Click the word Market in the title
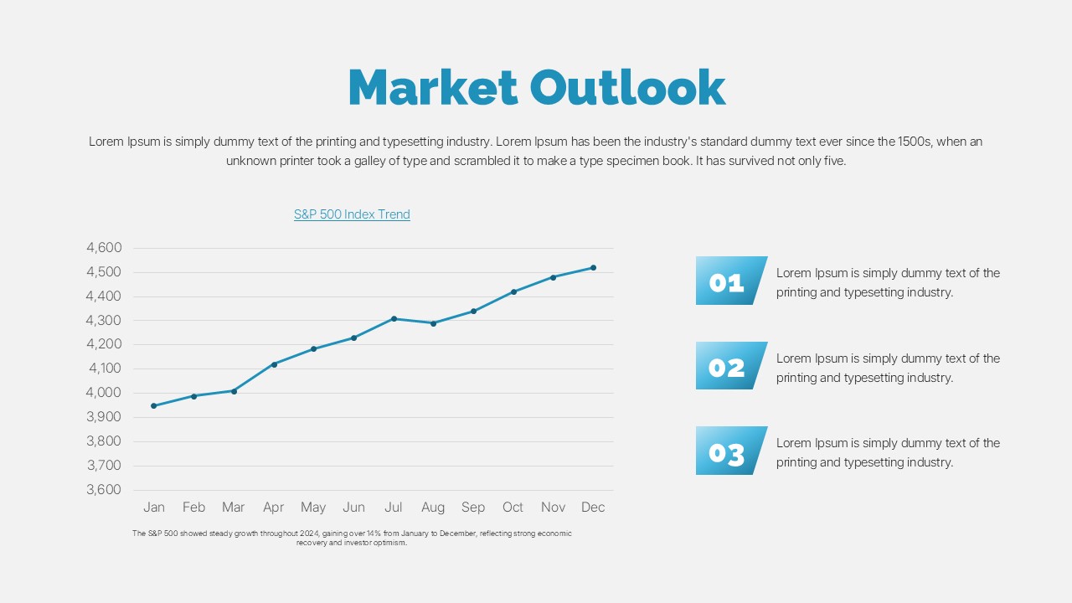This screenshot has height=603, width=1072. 432,87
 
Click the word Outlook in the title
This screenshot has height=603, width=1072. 627,87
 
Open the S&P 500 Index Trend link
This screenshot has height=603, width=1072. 352,214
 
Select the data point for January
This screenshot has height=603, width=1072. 153,406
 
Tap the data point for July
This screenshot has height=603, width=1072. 394,318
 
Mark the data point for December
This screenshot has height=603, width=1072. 594,268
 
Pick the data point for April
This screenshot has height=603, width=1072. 274,364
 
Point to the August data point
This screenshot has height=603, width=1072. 433,323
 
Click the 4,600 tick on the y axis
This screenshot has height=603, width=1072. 104,248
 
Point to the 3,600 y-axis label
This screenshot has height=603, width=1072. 104,490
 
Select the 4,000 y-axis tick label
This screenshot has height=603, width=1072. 104,393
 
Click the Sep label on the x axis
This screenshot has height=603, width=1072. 473,508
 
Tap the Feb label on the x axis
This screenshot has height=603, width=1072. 193,508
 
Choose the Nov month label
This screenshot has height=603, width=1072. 553,508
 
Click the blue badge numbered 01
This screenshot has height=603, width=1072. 729,281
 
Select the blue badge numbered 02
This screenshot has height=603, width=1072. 729,366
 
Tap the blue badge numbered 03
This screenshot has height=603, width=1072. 729,451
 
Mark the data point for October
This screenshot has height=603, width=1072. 513,291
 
